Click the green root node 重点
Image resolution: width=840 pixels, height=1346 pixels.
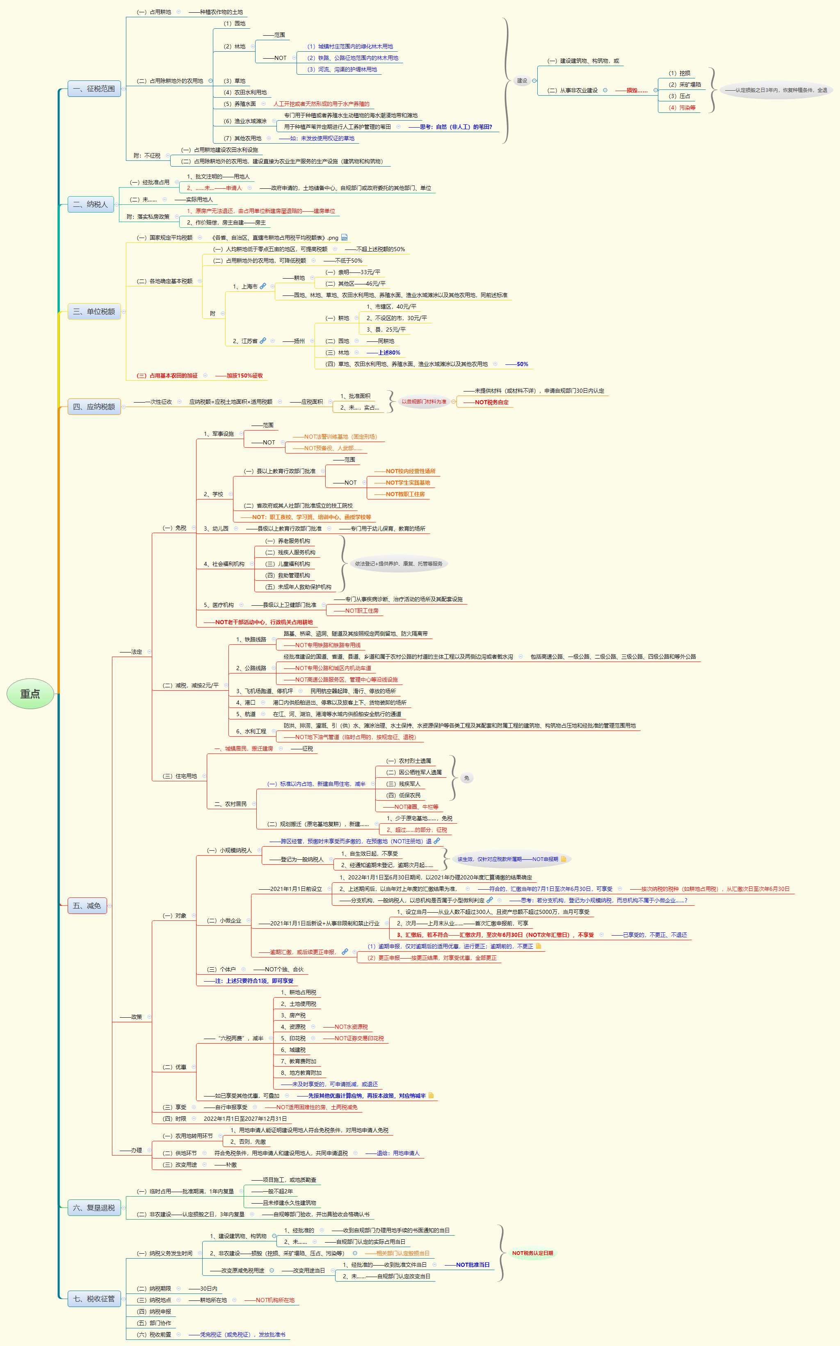click(x=30, y=694)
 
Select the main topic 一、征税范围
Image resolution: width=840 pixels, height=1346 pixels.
click(x=94, y=88)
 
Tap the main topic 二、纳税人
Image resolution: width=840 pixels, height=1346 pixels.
click(x=91, y=204)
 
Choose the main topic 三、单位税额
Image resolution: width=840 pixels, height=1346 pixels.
click(x=94, y=311)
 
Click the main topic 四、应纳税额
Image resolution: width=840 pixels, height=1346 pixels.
click(x=94, y=407)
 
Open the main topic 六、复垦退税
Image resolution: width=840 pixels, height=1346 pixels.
click(x=94, y=1208)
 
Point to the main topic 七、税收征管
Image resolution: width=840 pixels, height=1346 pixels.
click(x=94, y=1299)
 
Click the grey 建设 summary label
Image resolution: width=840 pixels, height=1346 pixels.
click(x=522, y=80)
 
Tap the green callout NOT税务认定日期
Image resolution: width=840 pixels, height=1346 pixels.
click(x=532, y=1253)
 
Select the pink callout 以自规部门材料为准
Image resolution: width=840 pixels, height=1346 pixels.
click(x=423, y=402)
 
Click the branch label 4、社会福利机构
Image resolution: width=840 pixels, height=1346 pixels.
click(x=224, y=564)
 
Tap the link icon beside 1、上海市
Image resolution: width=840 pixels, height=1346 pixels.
click(x=263, y=286)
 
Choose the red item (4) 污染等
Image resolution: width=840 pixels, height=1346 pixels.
click(x=682, y=108)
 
